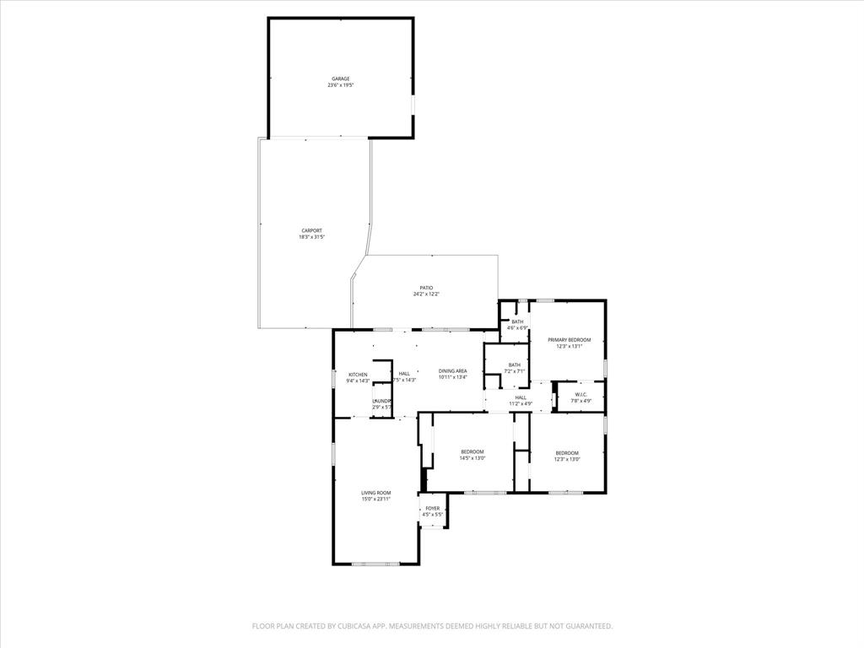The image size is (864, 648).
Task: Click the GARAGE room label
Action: (x=340, y=78)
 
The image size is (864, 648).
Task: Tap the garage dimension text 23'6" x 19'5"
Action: (x=340, y=85)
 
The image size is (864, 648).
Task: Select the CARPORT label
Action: (x=311, y=230)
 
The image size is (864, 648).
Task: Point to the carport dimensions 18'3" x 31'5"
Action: (x=311, y=237)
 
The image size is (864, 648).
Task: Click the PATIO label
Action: (x=426, y=288)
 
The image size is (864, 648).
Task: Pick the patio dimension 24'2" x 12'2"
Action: (x=426, y=294)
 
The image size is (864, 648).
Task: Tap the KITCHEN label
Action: (x=358, y=375)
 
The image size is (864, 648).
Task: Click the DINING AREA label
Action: (x=452, y=371)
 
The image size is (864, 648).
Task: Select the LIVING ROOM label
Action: (x=375, y=493)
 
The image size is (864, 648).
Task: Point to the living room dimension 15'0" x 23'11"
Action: (x=375, y=499)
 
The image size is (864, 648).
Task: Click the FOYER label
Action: (x=432, y=508)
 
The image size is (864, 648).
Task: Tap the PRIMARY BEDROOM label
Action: (x=569, y=339)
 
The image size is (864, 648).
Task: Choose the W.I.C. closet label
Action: (x=580, y=394)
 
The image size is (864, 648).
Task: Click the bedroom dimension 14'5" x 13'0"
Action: (x=472, y=458)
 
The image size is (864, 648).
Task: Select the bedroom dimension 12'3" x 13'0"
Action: (x=567, y=458)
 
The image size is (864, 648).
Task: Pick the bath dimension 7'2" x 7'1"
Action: (x=514, y=371)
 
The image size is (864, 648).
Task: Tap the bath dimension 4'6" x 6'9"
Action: (x=516, y=327)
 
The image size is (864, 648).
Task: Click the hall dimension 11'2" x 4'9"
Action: (x=521, y=403)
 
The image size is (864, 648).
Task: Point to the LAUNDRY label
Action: (x=382, y=401)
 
